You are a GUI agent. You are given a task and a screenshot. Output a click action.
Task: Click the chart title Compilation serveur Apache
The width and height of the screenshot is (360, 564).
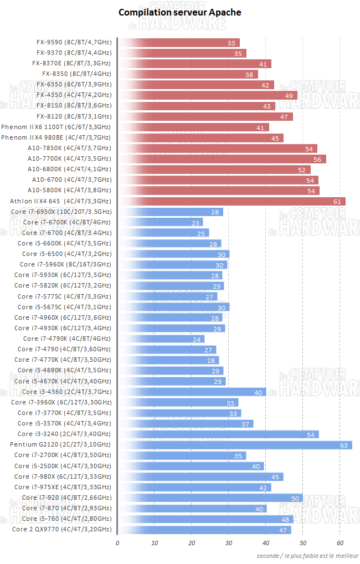180,12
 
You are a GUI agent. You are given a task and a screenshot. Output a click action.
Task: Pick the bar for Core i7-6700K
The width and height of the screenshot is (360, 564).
161,222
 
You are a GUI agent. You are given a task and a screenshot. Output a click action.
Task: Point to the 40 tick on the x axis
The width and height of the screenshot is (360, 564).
266,542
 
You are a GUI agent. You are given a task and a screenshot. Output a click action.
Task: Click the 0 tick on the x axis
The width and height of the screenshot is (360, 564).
117,542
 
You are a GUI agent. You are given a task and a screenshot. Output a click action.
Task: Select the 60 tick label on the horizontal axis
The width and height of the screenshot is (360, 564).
340,542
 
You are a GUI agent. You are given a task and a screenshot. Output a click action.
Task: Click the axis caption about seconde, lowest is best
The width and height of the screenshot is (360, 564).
307,555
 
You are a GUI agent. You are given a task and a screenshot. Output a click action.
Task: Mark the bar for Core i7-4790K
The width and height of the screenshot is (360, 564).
161,339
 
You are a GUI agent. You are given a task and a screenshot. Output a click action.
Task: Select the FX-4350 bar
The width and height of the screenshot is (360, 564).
208,95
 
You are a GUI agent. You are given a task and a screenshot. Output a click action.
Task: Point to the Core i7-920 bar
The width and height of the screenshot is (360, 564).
210,498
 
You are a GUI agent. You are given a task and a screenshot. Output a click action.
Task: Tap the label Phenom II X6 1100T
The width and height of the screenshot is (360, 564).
56,127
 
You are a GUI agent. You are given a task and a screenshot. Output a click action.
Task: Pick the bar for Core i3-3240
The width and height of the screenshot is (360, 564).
218,434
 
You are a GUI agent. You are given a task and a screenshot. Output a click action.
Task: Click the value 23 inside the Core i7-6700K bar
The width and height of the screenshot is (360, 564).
196,223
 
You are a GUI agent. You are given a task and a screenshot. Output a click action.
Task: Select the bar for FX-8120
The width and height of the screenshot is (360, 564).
205,116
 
